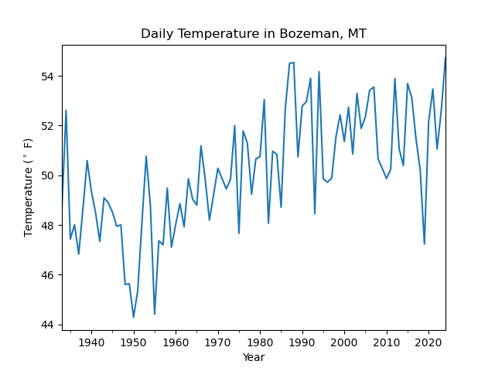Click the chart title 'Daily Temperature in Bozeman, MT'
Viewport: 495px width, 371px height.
[x=253, y=34]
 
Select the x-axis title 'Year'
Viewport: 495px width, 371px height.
[x=253, y=357]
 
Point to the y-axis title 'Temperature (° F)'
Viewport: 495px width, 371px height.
[x=29, y=187]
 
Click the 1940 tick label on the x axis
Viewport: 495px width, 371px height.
[x=91, y=342]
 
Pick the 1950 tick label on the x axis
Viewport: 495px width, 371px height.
[x=134, y=342]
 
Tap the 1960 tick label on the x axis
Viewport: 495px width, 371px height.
[x=176, y=342]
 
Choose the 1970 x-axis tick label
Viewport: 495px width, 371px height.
[x=218, y=342]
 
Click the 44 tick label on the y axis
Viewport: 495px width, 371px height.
[x=49, y=325]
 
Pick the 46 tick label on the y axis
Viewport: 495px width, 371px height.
[x=49, y=275]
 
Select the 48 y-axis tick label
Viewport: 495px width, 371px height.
[x=49, y=226]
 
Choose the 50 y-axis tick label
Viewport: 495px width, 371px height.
[x=49, y=175]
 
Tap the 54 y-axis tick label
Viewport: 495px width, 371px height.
[x=49, y=77]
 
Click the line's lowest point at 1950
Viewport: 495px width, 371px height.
[x=134, y=317]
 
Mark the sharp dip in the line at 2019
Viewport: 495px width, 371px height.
[x=425, y=244]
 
